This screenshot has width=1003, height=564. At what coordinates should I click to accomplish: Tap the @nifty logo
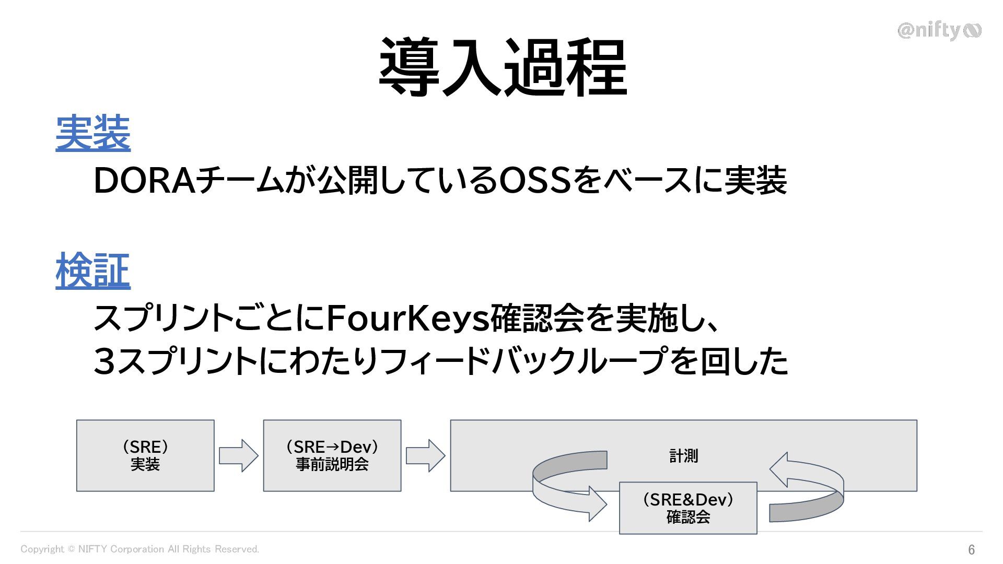tap(939, 31)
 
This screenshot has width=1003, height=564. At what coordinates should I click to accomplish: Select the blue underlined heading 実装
tap(93, 134)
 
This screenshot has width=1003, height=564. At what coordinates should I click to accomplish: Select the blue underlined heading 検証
tap(93, 271)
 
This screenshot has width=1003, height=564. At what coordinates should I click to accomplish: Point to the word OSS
tap(534, 181)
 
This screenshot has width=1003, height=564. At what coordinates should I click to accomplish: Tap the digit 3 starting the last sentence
tap(104, 361)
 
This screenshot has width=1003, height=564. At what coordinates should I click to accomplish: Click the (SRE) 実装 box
tap(145, 455)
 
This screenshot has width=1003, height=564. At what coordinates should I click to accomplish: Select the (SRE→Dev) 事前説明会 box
tap(332, 455)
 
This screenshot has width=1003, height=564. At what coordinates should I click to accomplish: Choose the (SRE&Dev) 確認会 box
tap(688, 508)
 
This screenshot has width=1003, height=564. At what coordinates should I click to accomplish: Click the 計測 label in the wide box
tap(683, 456)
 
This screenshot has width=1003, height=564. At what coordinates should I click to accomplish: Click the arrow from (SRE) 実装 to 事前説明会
tap(239, 456)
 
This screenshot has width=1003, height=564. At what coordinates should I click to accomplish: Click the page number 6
tap(971, 549)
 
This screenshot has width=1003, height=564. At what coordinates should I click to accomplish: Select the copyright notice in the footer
tap(139, 549)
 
